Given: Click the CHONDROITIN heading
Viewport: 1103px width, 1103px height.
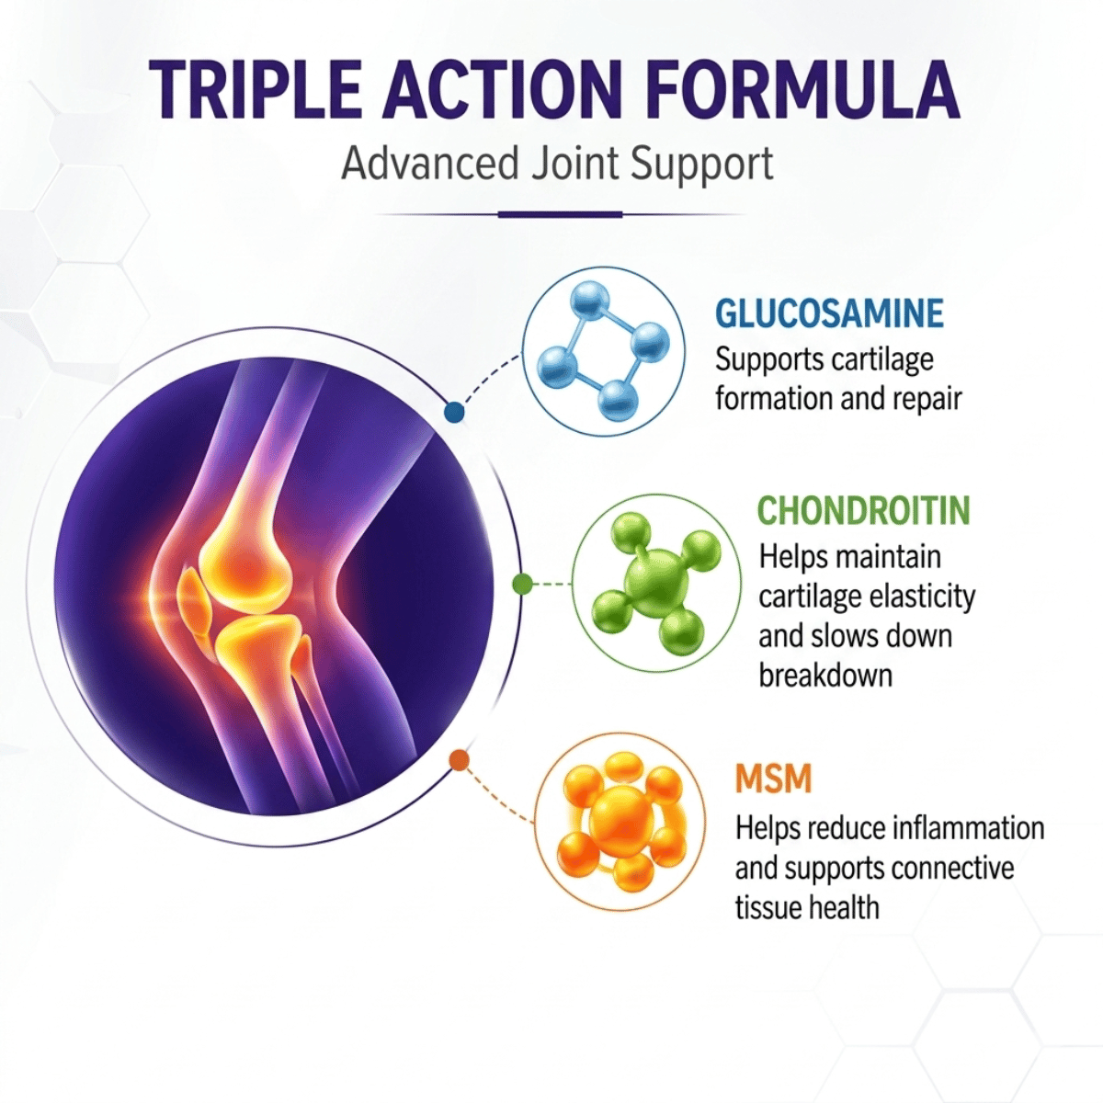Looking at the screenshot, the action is [864, 510].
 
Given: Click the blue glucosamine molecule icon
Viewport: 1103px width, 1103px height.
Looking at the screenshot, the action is [603, 349].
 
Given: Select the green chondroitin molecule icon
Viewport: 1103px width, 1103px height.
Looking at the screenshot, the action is [657, 584].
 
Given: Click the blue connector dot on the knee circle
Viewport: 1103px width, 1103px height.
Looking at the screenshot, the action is [454, 412].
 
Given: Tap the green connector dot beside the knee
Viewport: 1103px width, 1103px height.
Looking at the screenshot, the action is [523, 585].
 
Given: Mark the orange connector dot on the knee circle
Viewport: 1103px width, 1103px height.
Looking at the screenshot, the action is [460, 760].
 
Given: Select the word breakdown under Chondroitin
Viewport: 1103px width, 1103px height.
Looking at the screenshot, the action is [825, 676].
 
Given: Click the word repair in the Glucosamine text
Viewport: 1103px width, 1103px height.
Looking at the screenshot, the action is [931, 400].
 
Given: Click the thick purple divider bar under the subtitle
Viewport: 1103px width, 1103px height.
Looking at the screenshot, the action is [560, 215].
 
